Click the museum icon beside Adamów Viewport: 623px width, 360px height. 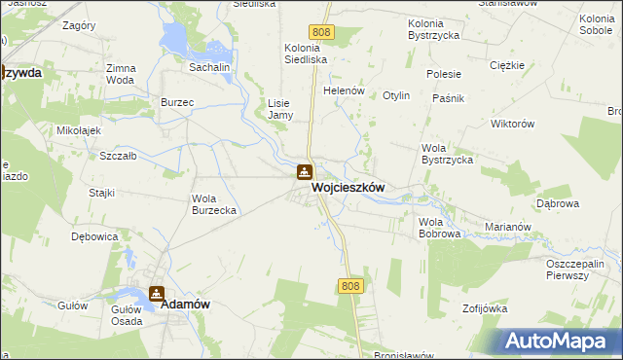(157, 291)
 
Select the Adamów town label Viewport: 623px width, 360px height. (186, 304)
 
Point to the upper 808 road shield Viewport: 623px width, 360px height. (324, 33)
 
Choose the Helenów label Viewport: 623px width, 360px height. (344, 90)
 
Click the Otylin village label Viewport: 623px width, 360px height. (396, 95)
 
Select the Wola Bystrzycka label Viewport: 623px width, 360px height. (447, 153)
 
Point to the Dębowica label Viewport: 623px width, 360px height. (94, 235)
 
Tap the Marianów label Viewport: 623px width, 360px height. (507, 227)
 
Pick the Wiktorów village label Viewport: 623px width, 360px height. (514, 124)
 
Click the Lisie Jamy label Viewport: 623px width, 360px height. (279, 108)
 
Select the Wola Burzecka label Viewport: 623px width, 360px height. (214, 204)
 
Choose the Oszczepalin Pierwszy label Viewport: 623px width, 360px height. (583, 268)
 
